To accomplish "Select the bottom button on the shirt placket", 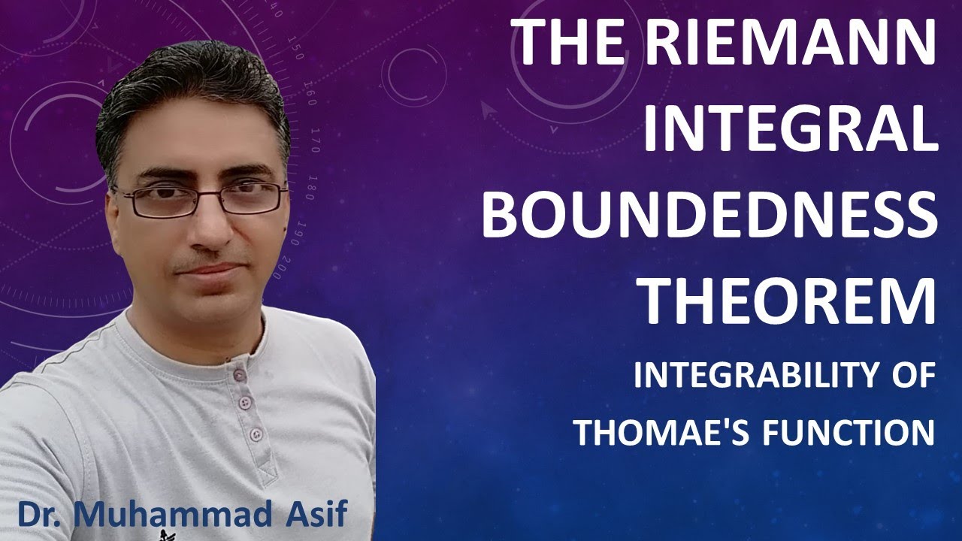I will point(257,434).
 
